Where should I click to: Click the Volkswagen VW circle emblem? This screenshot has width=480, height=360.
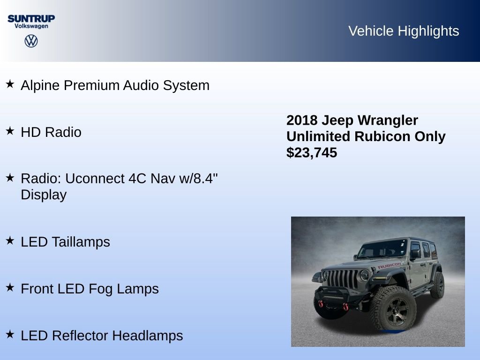[x=31, y=41]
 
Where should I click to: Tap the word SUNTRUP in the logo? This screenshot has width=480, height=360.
[x=31, y=18]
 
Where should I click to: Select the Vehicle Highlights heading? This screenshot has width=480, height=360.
[x=404, y=31]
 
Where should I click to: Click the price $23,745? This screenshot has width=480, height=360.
[x=312, y=152]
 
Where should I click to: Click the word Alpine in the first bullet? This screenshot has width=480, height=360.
[x=40, y=86]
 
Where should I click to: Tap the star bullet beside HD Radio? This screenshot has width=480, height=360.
[x=10, y=131]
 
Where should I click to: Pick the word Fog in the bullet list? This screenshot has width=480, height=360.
[x=101, y=289]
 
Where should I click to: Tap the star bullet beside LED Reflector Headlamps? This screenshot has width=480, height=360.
[x=10, y=335]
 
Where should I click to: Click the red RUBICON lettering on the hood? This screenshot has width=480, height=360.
[x=389, y=266]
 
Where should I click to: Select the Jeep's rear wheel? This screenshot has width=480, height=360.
[x=437, y=285]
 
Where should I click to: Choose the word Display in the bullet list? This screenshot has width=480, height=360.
[x=44, y=195]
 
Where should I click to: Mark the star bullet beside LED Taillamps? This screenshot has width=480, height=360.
[x=10, y=241]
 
